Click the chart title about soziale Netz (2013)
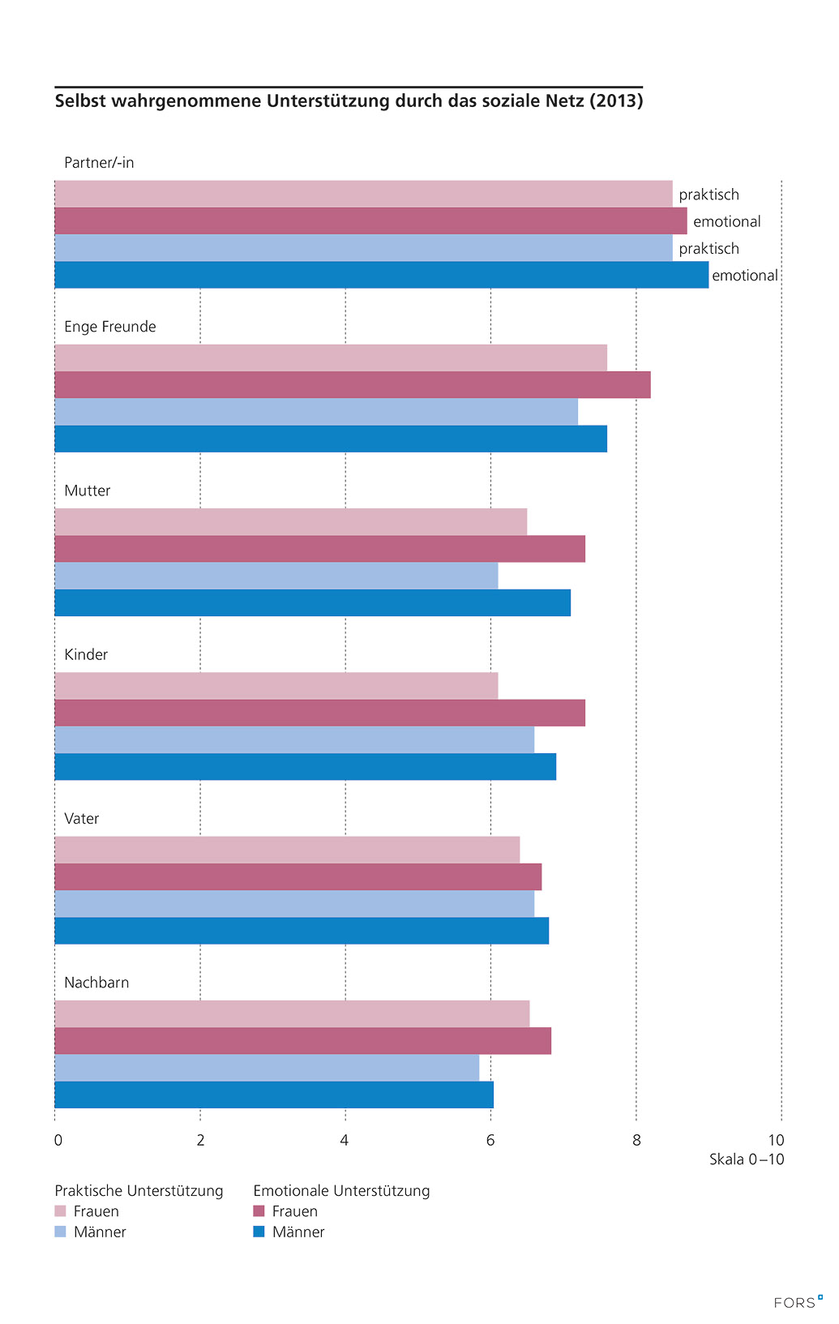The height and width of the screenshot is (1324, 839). tap(349, 101)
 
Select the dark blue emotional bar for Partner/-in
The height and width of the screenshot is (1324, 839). tap(381, 275)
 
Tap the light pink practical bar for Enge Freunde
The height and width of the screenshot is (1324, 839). tap(331, 358)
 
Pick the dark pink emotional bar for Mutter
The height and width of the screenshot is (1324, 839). tap(319, 549)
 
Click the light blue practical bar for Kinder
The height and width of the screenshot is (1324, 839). tap(294, 739)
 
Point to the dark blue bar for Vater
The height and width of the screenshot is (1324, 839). tap(302, 931)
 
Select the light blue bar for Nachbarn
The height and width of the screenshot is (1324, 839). tap(267, 1068)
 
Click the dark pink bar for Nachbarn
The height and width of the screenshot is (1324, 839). tap(302, 1041)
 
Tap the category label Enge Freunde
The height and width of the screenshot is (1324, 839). tap(110, 327)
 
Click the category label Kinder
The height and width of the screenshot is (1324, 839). tap(86, 654)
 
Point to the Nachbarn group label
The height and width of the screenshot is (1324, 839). tap(96, 983)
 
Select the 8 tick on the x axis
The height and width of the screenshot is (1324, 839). tap(636, 1141)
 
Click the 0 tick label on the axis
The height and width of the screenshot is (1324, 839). tap(58, 1141)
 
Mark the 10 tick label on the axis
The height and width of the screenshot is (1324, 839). tap(776, 1141)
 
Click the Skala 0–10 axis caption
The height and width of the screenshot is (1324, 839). tap(747, 1159)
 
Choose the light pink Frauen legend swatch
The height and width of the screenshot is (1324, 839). tap(60, 1211)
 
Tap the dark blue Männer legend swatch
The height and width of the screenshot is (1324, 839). tap(259, 1232)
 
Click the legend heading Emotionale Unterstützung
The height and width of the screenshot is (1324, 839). tap(341, 1191)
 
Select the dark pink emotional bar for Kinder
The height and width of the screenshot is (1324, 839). tap(319, 713)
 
